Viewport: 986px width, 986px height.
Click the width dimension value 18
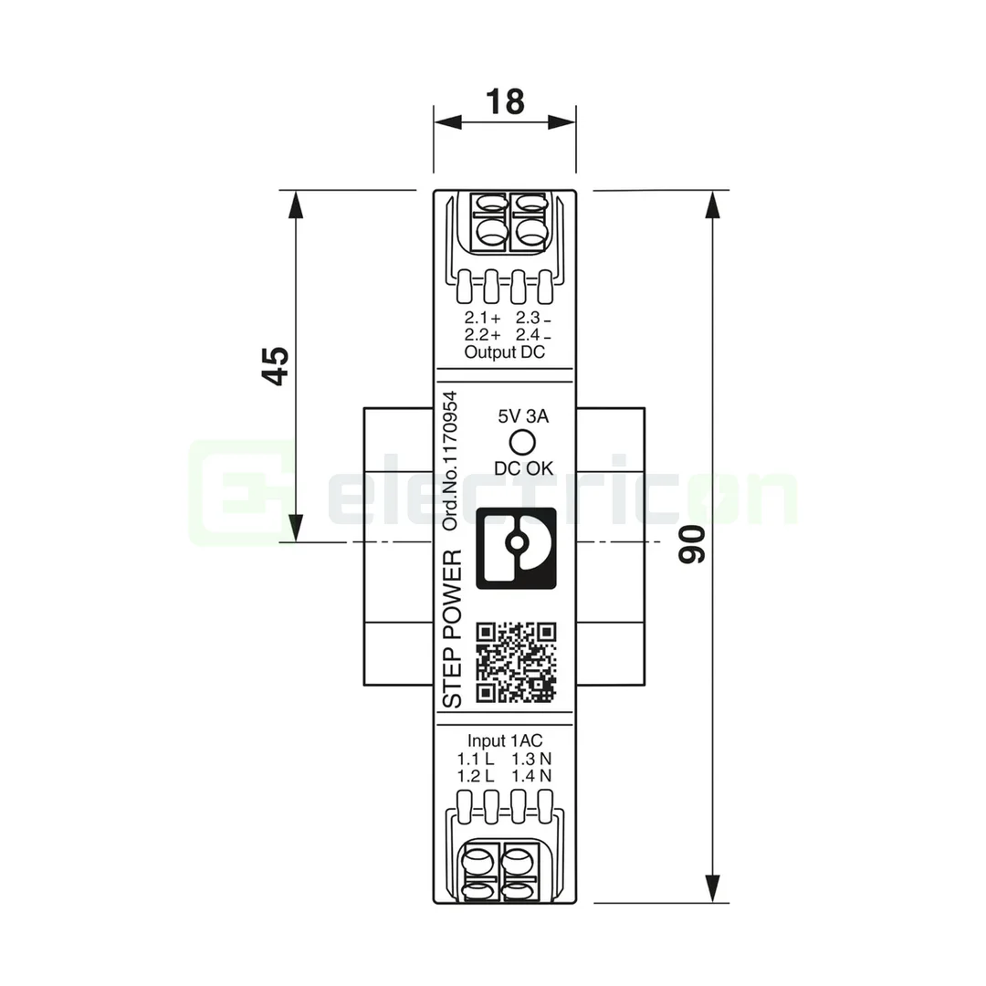point(504,101)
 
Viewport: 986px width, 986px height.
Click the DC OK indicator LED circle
point(522,442)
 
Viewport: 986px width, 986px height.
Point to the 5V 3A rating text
point(522,416)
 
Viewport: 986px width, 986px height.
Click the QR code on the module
point(517,663)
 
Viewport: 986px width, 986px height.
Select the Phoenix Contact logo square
point(518,546)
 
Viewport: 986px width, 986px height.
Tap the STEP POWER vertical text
point(453,628)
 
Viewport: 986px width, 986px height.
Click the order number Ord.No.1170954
point(452,462)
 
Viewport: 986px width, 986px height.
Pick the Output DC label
point(504,352)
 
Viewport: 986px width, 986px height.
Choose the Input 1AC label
point(505,740)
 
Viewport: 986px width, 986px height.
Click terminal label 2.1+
point(482,319)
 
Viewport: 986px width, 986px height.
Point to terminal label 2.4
point(533,336)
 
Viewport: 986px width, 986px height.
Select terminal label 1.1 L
point(476,759)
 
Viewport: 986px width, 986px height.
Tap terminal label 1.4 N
point(531,776)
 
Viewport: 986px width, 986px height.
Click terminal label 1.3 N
point(531,759)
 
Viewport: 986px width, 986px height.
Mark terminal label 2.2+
point(482,336)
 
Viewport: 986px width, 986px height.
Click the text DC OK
point(523,468)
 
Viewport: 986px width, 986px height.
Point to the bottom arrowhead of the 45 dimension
point(295,529)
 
